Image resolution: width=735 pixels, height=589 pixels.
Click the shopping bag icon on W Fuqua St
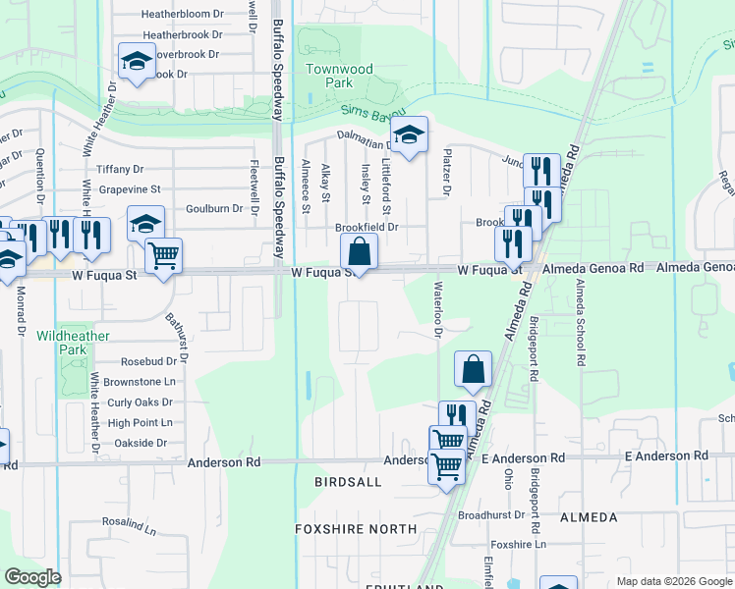[x=360, y=252]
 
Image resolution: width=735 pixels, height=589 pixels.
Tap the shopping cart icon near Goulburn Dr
[x=163, y=257]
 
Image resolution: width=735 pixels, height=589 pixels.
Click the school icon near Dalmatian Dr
[x=409, y=135]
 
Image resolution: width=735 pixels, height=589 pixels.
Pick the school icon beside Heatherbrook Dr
[x=137, y=61]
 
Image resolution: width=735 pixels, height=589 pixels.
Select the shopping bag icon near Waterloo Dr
[x=473, y=371]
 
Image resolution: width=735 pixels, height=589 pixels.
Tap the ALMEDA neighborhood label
[x=588, y=517]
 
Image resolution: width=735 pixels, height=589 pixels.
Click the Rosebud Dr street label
[x=147, y=360]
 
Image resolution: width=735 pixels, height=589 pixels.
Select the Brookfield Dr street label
[x=366, y=227]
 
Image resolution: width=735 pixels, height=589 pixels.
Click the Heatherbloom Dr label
[x=183, y=15]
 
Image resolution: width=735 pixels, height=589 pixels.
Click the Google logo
[x=32, y=577]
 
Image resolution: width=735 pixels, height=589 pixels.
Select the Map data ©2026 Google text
[x=674, y=581]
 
